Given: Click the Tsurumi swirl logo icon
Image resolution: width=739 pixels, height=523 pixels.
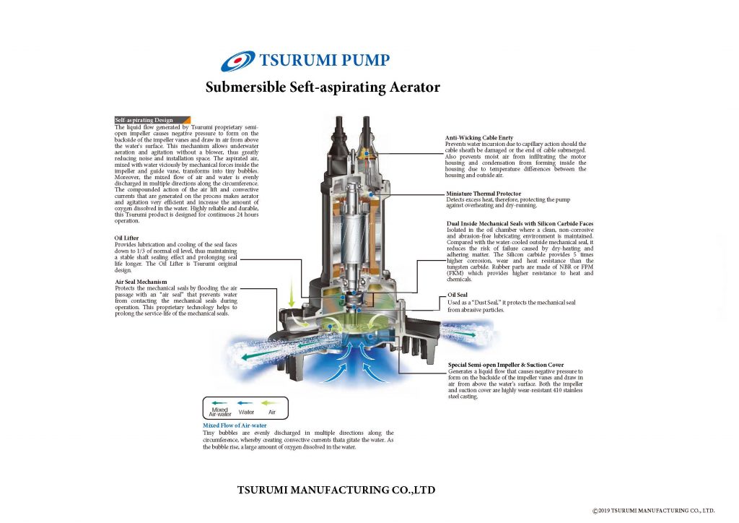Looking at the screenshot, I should click(237, 61).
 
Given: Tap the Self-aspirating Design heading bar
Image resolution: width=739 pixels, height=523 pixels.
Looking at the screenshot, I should click(152, 120).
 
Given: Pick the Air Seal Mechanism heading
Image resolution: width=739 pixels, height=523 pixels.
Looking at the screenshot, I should click(141, 281).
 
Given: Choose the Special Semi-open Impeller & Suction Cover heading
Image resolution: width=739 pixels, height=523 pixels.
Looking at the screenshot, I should click(506, 365).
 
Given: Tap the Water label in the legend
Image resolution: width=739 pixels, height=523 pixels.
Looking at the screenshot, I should click(246, 412).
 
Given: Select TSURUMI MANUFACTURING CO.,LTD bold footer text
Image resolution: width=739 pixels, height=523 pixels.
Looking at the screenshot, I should click(336, 490).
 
